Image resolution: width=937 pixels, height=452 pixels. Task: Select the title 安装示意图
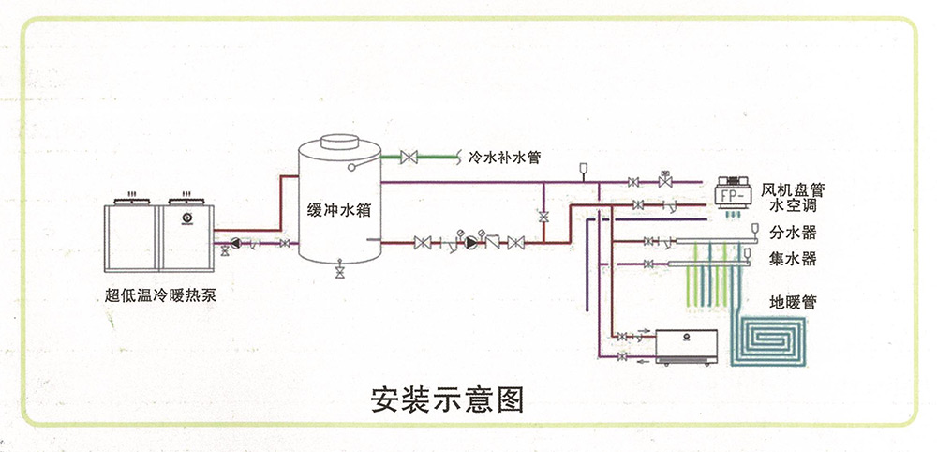[447, 399]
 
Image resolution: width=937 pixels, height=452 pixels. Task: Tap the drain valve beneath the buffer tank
[338, 272]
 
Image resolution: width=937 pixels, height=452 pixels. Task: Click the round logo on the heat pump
[186, 220]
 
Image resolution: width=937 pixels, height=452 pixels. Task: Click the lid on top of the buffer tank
[338, 139]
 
